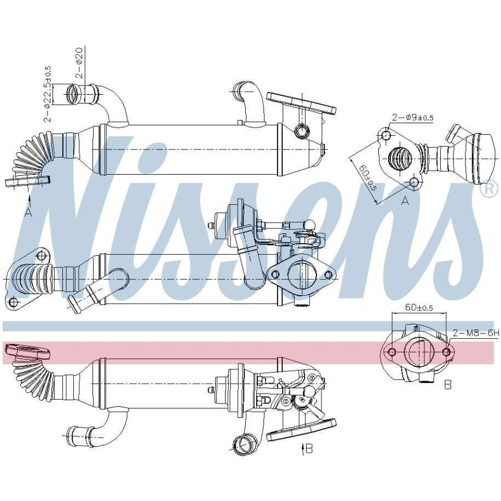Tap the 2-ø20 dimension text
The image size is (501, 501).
[x=79, y=63]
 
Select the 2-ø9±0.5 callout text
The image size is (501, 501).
[x=412, y=118]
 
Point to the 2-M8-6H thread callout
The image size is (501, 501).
[x=475, y=333]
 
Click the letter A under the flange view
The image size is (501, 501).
[x=405, y=200]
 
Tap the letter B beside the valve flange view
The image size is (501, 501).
[x=448, y=385]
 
